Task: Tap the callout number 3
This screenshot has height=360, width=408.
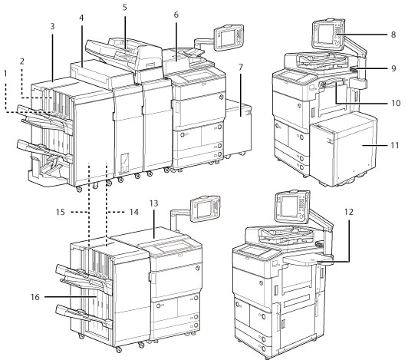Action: coord(51,26)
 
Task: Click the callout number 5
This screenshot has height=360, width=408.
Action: coord(124,7)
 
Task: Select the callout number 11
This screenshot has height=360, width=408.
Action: coord(392,142)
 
